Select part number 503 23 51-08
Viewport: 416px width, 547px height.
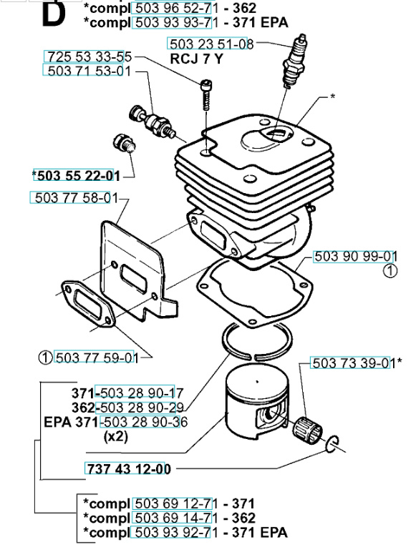point(211,44)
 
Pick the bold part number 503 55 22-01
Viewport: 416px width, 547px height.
point(76,174)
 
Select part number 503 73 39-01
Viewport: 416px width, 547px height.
point(352,362)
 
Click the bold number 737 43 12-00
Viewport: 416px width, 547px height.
point(128,469)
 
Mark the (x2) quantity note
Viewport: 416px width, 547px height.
point(115,435)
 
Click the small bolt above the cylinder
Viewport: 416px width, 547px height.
point(206,92)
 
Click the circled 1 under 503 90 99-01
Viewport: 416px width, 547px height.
point(390,270)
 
